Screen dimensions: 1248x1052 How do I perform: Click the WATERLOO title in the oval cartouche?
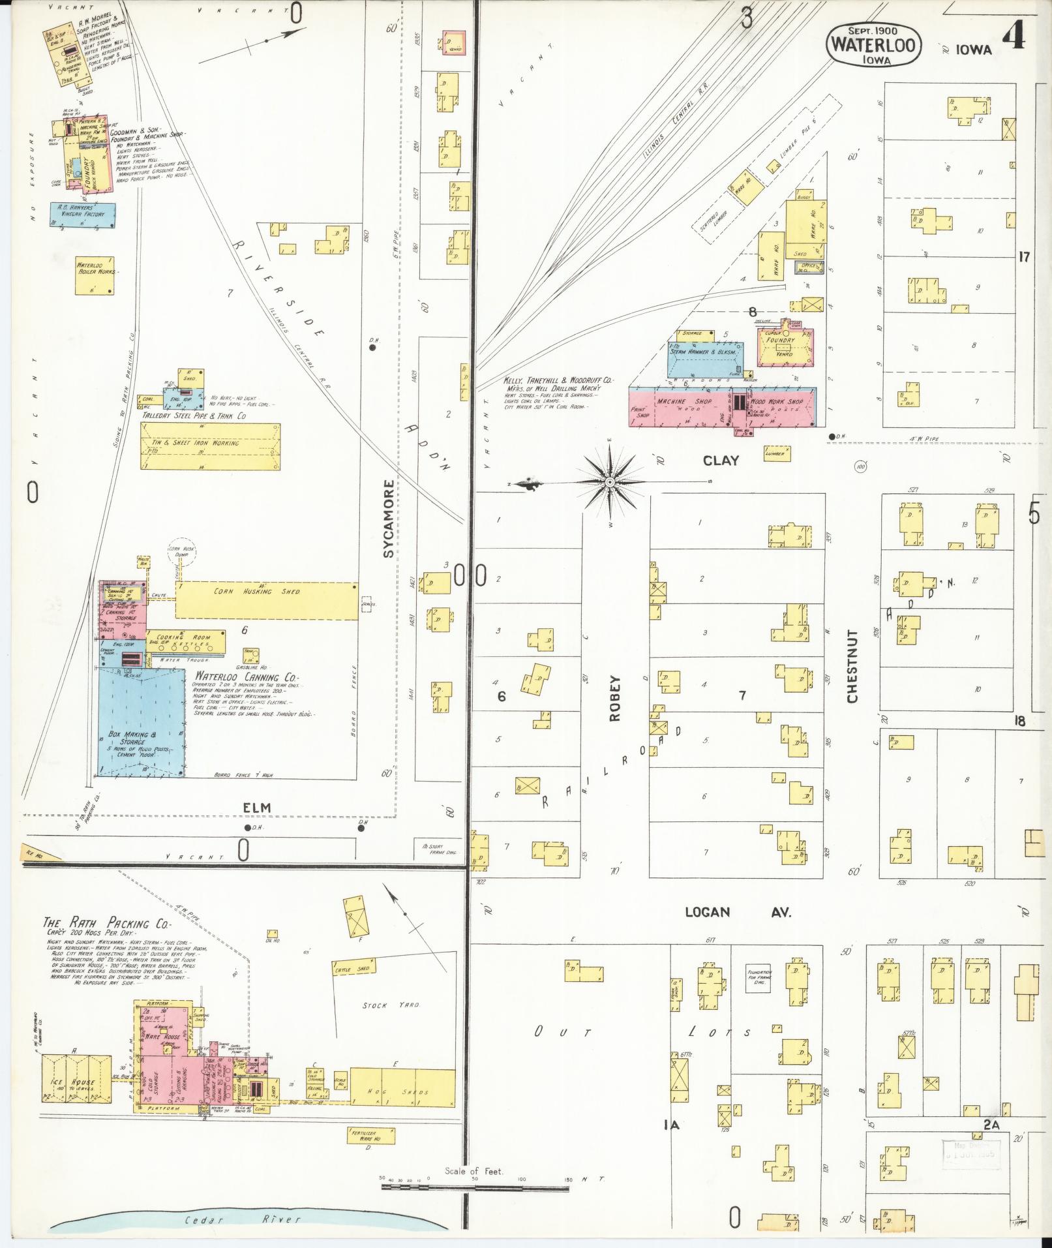click(x=874, y=44)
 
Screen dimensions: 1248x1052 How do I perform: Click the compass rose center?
click(x=609, y=482)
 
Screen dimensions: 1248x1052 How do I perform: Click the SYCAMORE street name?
click(x=389, y=519)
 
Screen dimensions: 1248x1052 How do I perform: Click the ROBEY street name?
click(x=616, y=698)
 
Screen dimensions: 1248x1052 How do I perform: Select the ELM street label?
click(x=256, y=808)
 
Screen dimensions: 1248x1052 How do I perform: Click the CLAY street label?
click(x=721, y=461)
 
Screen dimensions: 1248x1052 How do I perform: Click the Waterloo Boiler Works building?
click(x=95, y=275)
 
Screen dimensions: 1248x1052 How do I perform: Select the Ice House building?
click(x=77, y=1083)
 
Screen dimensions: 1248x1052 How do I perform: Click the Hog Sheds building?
click(x=402, y=1087)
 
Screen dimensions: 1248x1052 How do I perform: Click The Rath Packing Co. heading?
click(x=106, y=923)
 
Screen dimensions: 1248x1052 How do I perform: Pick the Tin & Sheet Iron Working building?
click(x=211, y=446)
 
